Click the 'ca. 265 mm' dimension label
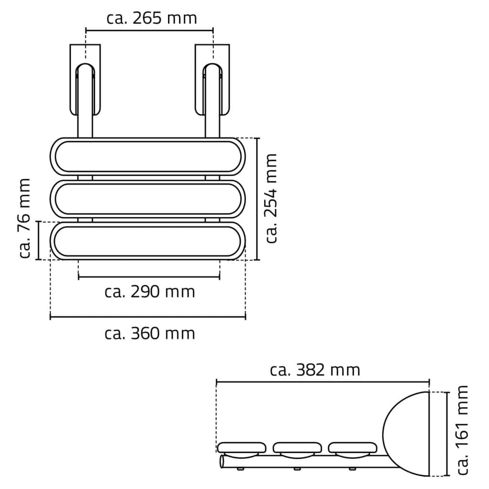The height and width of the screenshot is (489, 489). tap(151, 18)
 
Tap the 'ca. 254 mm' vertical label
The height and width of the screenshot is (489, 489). tap(271, 198)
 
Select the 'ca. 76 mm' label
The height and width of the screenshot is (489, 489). tap(24, 218)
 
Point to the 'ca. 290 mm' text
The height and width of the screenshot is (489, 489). tap(149, 292)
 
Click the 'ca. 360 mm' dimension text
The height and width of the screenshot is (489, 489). tap(149, 333)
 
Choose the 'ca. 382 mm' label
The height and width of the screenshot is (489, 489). tap(315, 370)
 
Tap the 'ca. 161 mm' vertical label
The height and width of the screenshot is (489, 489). tap(462, 430)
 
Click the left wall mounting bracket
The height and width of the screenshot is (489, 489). tap(85, 80)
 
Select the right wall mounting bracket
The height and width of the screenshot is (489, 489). tap(213, 80)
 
